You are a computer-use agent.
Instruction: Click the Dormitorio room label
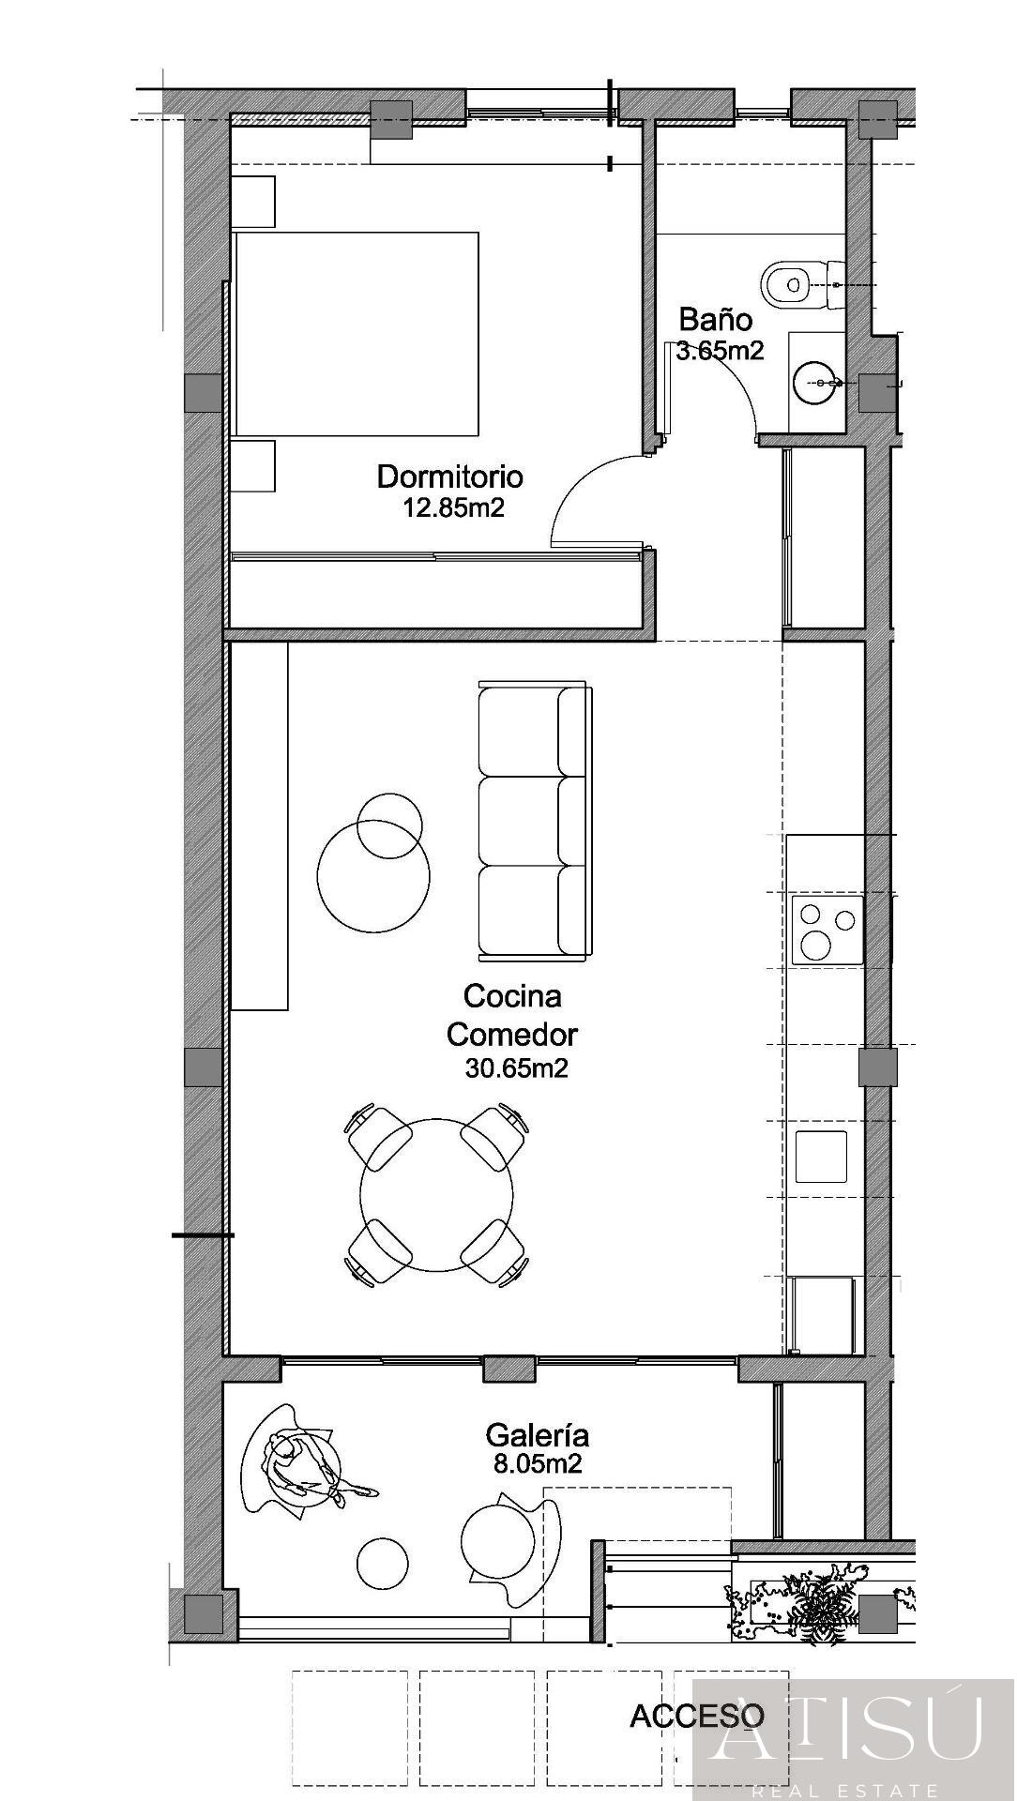[x=449, y=477]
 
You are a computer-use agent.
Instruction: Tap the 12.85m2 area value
[x=453, y=508]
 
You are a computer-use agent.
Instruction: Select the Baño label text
[x=715, y=320]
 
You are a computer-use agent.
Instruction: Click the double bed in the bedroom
[x=357, y=334]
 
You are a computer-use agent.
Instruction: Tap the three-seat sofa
[x=534, y=822]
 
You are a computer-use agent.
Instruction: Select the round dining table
[x=436, y=1194]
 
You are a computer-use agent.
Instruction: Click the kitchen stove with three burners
[x=827, y=930]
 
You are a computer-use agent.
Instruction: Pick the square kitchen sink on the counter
[x=821, y=1157]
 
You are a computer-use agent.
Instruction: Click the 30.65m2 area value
[x=516, y=1068]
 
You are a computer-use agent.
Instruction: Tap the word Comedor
[x=511, y=1035]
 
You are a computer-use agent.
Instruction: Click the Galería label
[x=537, y=1435]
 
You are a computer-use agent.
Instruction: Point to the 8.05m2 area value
[x=538, y=1464]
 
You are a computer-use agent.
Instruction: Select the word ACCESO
[x=696, y=1717]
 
